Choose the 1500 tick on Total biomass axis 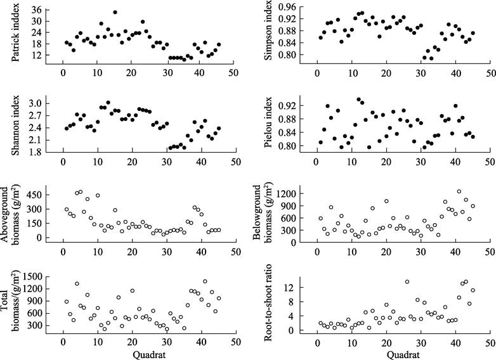(37, 278)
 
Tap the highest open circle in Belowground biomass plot (459, 191)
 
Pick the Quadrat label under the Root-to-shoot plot (403, 354)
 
